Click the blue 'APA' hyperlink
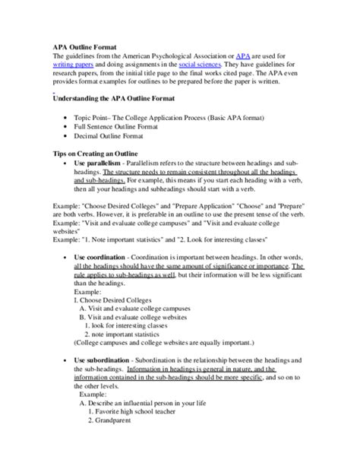(243, 56)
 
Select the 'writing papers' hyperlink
(73, 65)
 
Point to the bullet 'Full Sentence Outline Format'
(122, 127)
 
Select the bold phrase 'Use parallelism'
(96, 163)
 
